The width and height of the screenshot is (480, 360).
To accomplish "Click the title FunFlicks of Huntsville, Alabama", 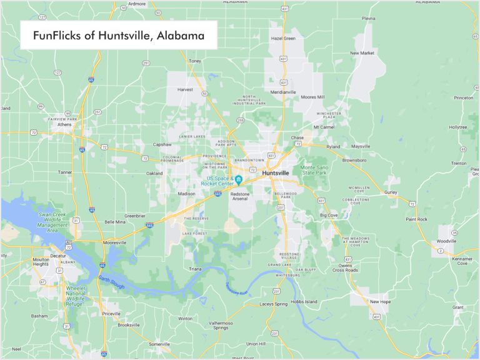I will tap(119, 36).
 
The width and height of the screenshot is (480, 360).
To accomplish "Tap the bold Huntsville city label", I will tap(276, 172).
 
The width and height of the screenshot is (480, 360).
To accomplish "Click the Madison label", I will tap(187, 194).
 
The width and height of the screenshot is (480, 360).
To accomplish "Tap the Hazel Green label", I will tap(283, 38).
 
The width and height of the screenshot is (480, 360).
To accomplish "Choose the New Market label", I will tap(362, 53).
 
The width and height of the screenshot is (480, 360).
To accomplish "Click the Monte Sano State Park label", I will tap(317, 171).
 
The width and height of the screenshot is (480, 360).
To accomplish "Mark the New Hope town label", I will tap(381, 301).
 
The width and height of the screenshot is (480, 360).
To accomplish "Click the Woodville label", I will tap(446, 241).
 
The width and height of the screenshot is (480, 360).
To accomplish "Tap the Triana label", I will tap(195, 269).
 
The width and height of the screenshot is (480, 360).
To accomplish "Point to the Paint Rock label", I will tap(416, 219).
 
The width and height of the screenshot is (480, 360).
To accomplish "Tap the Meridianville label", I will tap(283, 92).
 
